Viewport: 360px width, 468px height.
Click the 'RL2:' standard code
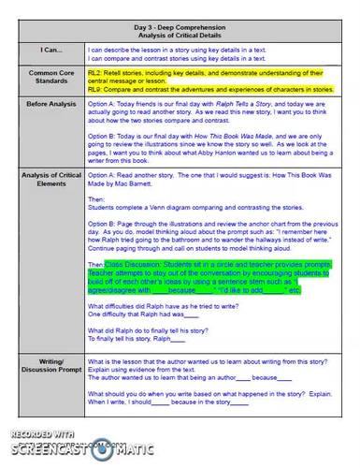pos(95,70)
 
